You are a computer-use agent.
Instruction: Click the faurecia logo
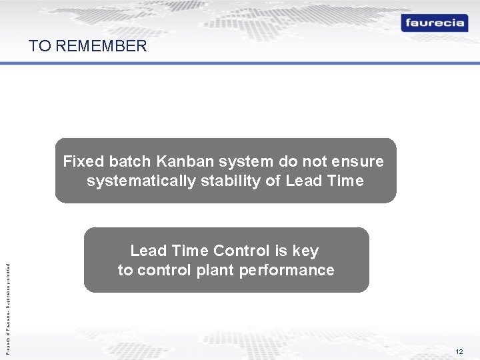click(435, 23)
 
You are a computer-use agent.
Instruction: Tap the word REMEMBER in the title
click(102, 46)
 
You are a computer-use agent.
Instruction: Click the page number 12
click(459, 351)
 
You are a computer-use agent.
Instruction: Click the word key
click(306, 251)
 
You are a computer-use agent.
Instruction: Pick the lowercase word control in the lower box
click(164, 270)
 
